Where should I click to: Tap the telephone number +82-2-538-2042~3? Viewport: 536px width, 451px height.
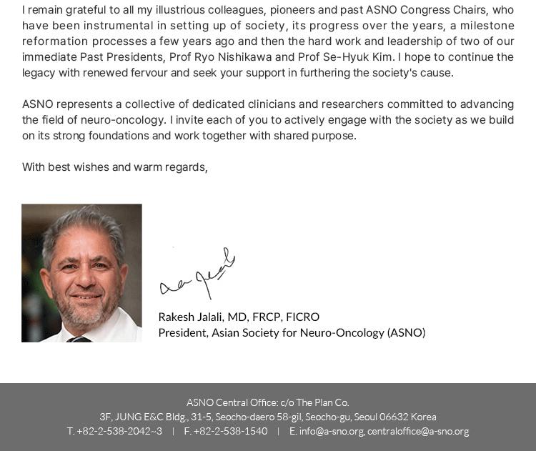click(x=119, y=431)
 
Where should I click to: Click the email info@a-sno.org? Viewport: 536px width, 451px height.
click(x=332, y=431)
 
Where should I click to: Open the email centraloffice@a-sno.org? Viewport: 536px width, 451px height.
click(x=418, y=431)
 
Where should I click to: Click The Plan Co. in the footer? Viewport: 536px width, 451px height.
click(x=322, y=402)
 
